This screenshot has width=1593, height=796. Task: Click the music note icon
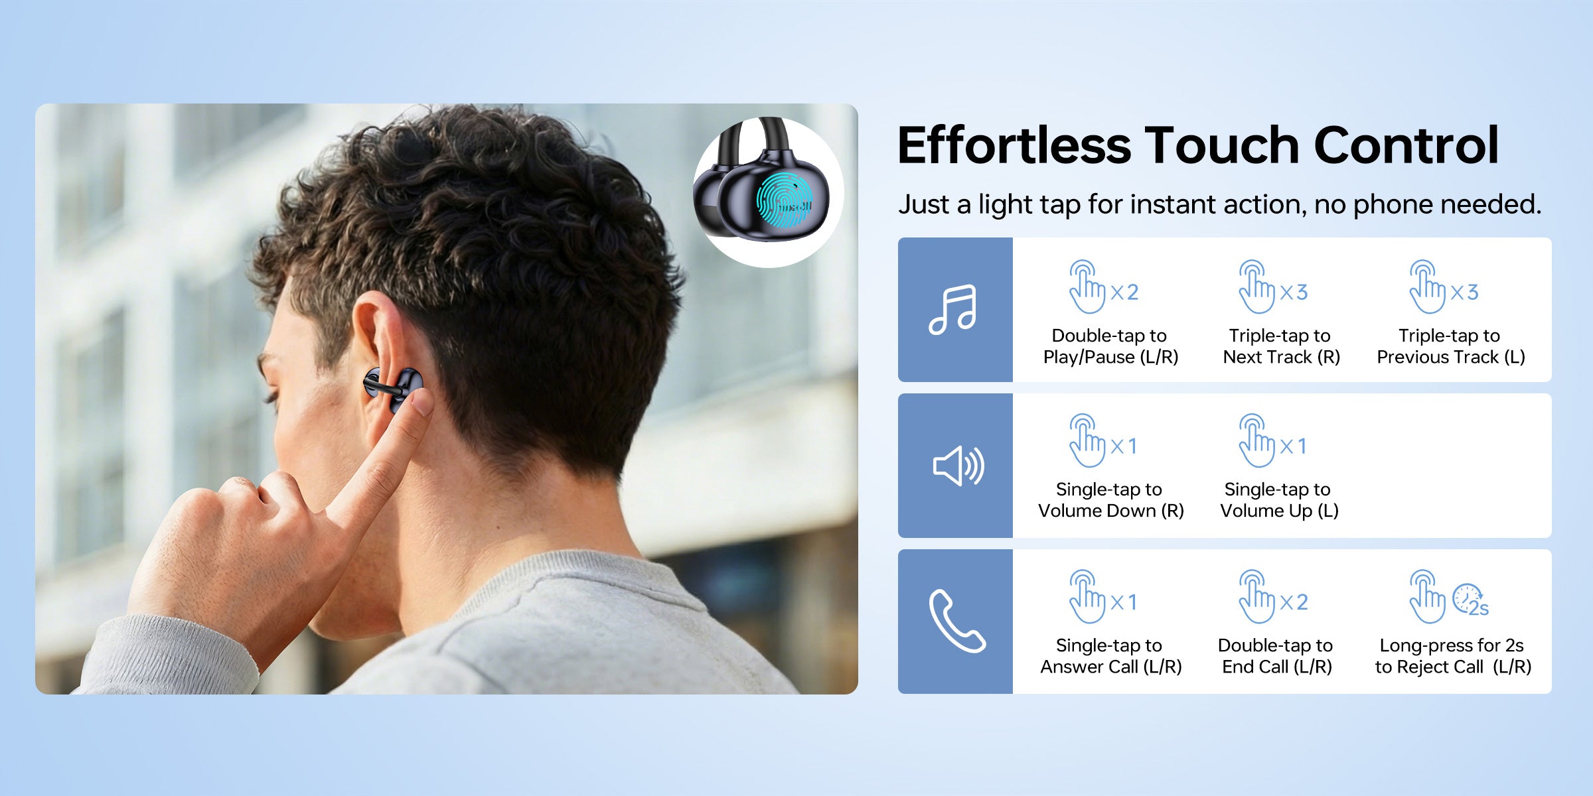point(952,310)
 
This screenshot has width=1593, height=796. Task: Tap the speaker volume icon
point(958,466)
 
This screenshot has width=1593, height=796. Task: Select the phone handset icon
point(956,621)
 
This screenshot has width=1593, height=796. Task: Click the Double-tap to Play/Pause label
point(1110,346)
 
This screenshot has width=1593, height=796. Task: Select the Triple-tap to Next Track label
point(1281,346)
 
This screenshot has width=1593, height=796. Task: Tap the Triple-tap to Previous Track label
point(1451,346)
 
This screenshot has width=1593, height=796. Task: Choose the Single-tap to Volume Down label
point(1110,500)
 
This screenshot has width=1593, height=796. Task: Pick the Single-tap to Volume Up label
point(1279,500)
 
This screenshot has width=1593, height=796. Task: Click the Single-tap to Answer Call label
point(1110,656)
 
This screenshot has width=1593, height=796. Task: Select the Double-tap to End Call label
point(1276,656)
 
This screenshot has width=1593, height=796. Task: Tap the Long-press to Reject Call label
point(1453,656)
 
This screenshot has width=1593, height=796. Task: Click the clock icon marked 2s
point(1470,600)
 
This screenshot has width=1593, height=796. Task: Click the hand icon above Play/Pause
point(1087,287)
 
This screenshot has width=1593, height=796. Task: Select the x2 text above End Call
point(1294,602)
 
